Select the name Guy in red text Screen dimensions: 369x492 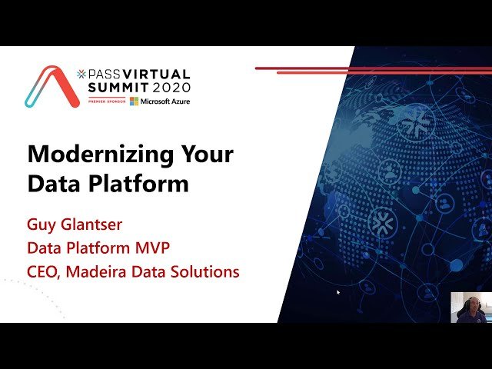(x=41, y=225)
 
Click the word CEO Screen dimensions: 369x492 (x=43, y=271)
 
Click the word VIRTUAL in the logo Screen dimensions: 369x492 (x=154, y=74)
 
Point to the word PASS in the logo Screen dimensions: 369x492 (x=100, y=74)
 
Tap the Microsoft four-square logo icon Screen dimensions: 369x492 (x=134, y=101)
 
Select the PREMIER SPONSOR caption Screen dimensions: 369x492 (x=102, y=101)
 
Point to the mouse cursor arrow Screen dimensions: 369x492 (x=338, y=292)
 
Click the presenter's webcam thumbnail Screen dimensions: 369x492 (x=470, y=307)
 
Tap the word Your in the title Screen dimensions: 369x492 (x=207, y=155)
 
